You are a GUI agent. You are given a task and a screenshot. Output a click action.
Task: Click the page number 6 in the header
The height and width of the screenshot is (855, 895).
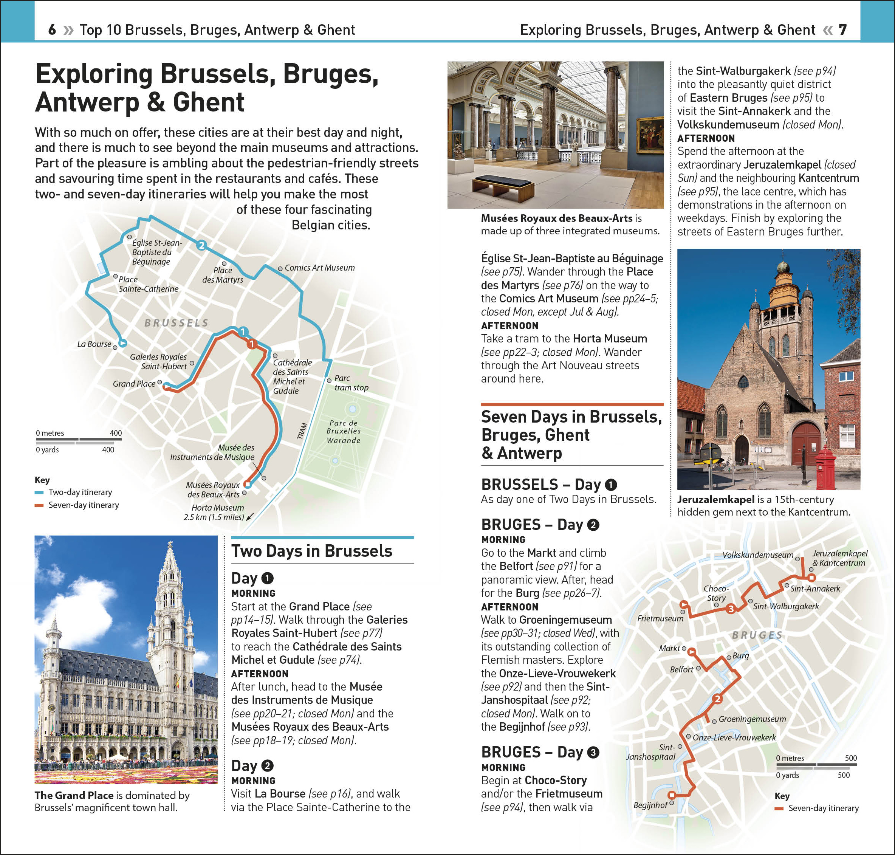click(52, 30)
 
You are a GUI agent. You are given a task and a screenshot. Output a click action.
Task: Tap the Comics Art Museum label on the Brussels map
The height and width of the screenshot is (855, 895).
click(319, 268)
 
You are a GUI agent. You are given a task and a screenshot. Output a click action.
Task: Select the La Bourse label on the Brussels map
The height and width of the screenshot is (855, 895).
click(94, 344)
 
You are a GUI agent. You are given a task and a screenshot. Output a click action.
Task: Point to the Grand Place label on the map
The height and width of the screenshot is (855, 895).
click(134, 384)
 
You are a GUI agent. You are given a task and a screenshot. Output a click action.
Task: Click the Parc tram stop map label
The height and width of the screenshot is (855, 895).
click(351, 383)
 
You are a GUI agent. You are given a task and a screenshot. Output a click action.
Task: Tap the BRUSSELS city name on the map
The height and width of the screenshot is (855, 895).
click(177, 323)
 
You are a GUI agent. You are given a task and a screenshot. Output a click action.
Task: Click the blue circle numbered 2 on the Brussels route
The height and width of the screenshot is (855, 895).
click(201, 246)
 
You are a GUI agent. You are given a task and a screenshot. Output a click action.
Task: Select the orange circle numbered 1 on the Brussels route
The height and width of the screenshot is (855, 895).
click(252, 344)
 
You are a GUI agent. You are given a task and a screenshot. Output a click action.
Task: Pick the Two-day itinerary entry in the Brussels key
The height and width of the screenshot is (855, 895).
click(80, 492)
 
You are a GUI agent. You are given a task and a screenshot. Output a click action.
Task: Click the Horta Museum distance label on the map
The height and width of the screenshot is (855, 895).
click(215, 512)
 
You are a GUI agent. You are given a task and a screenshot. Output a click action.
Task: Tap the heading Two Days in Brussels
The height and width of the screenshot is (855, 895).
click(312, 551)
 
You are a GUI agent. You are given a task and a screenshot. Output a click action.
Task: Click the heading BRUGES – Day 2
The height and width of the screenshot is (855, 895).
click(540, 525)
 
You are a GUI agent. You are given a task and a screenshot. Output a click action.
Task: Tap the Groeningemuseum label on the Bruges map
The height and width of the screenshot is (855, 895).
click(752, 719)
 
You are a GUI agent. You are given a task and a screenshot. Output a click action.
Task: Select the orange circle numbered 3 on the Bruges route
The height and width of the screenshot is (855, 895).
click(731, 609)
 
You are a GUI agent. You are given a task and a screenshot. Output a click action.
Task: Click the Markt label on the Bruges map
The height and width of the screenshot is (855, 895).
click(669, 648)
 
